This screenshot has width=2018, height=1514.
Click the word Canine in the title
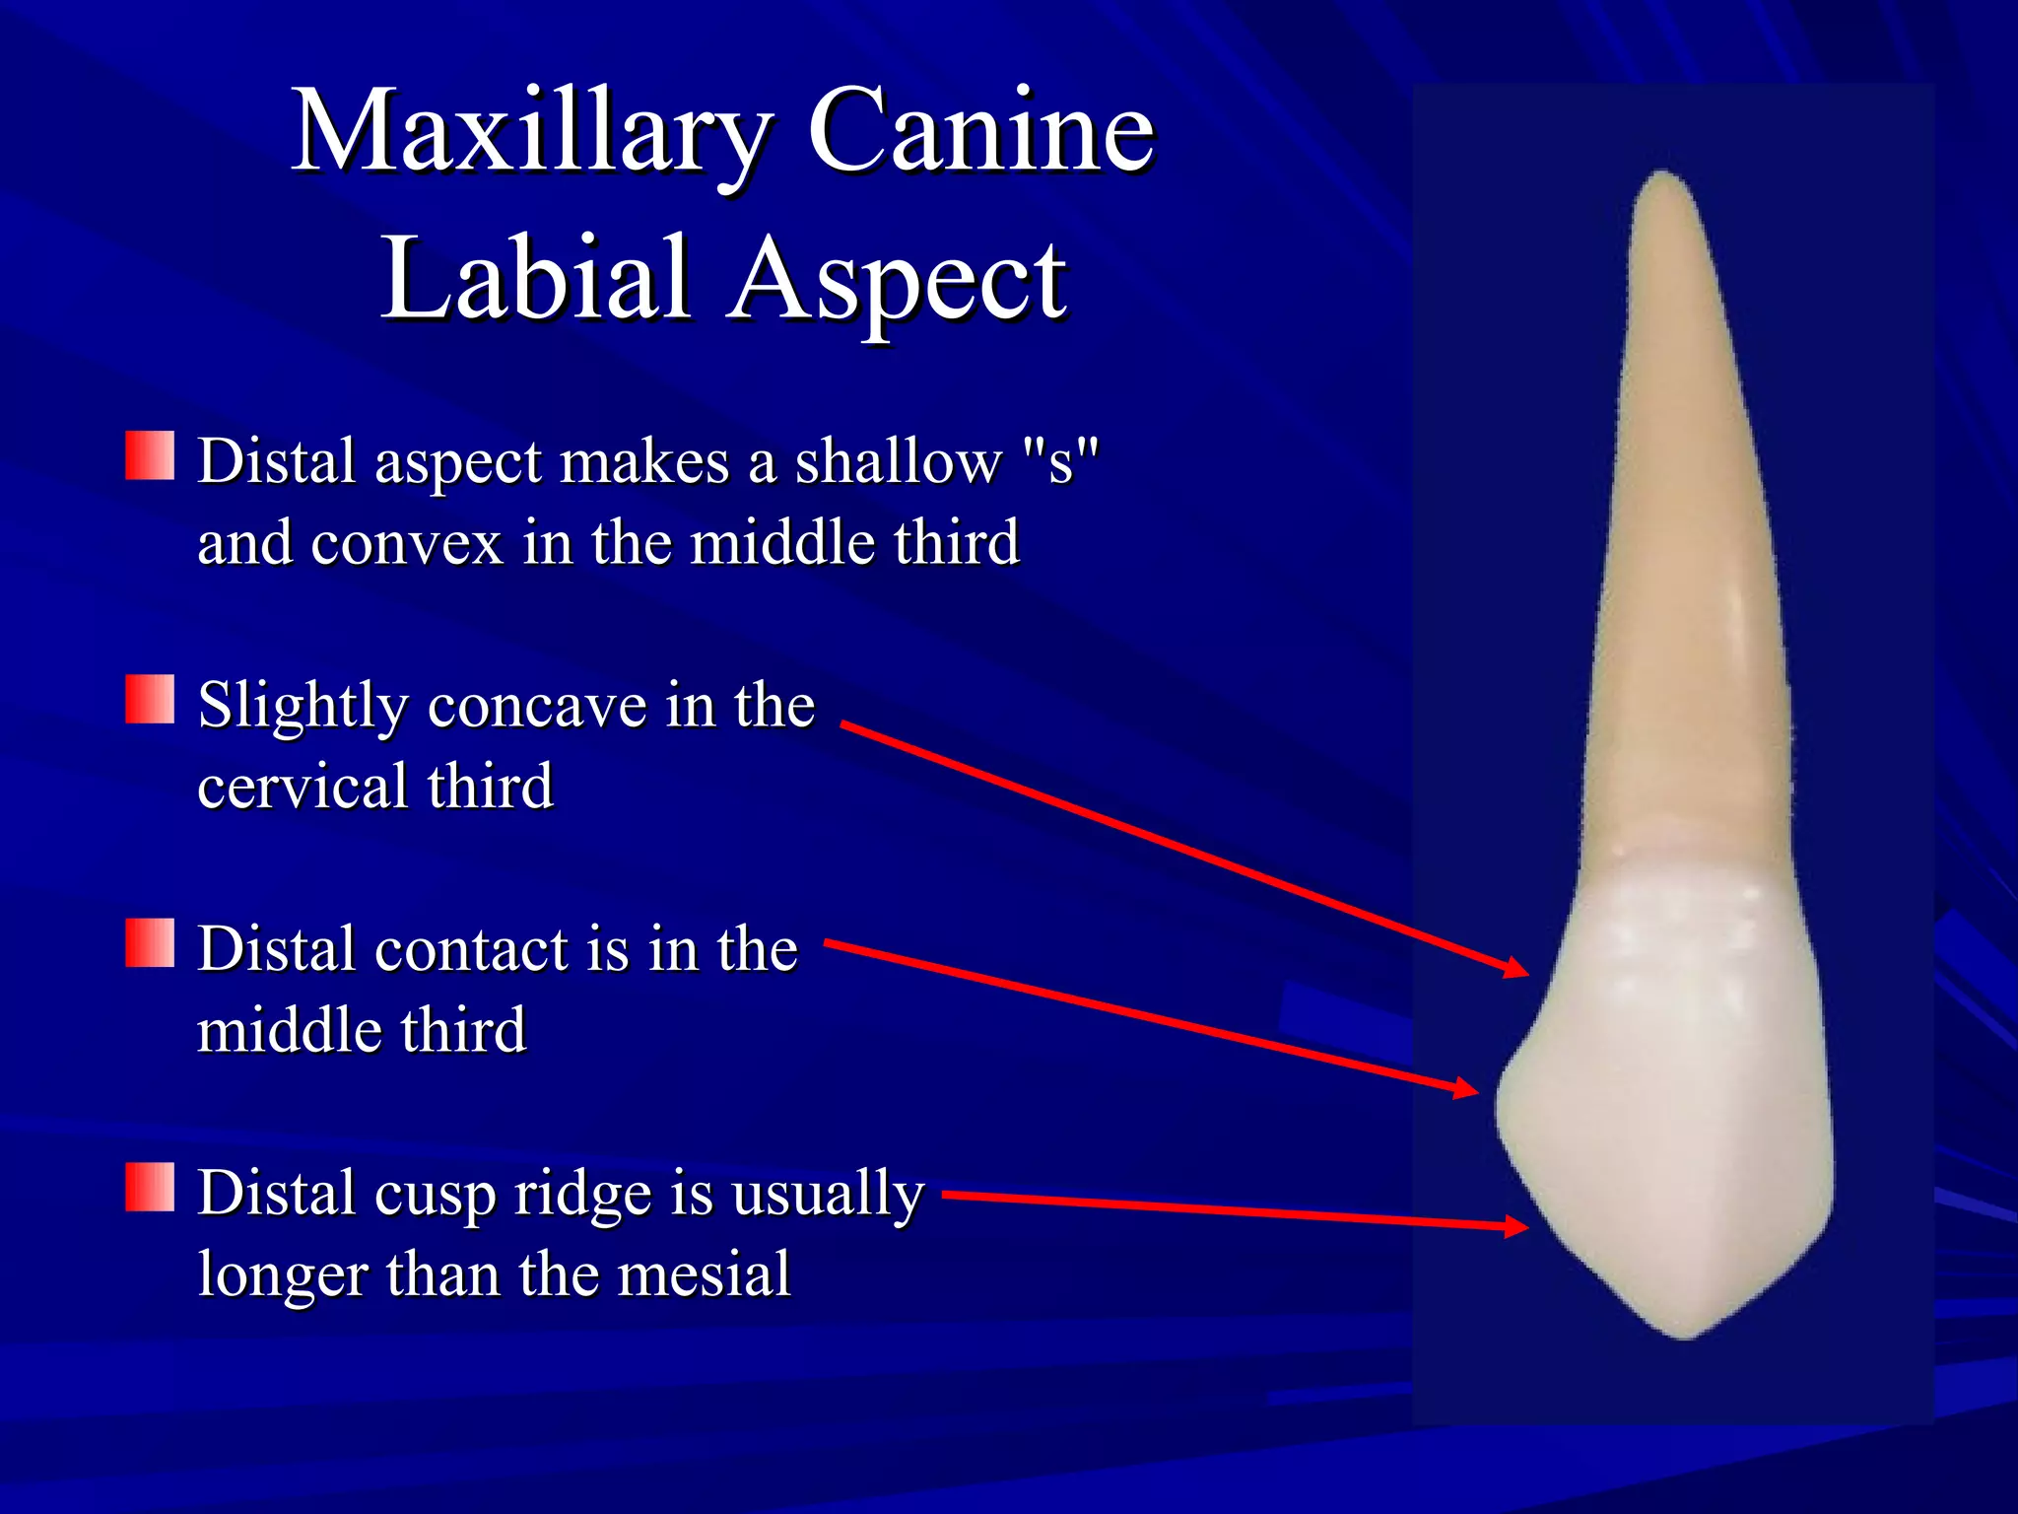coord(980,131)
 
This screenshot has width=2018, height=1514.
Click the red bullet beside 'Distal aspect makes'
coord(150,455)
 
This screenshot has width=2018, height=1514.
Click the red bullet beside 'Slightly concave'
coord(150,699)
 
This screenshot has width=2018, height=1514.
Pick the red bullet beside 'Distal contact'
coord(150,943)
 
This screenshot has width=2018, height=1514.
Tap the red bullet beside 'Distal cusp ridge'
coord(150,1187)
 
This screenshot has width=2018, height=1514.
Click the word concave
coord(537,706)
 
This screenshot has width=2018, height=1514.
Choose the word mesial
coord(704,1273)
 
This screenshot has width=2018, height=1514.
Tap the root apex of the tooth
coord(1663,176)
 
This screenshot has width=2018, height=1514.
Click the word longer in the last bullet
coord(283,1273)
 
